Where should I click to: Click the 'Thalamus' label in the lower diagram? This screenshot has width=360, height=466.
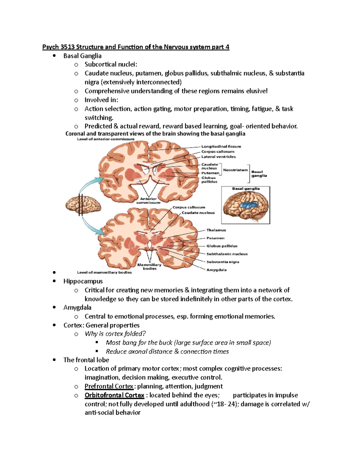coord(216,230)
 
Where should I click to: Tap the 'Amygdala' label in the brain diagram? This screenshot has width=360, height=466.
coord(217,270)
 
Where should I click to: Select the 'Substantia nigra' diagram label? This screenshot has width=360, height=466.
coord(223,262)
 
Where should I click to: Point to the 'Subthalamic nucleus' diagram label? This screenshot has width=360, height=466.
coord(227,254)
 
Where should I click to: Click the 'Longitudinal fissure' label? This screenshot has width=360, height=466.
coord(221,146)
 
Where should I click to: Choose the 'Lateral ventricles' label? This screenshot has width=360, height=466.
coord(218,157)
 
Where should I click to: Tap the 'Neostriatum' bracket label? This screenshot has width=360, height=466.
coord(235,170)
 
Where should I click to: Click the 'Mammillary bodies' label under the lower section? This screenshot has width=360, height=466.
coord(149,266)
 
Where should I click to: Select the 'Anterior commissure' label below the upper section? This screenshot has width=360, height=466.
coord(148,200)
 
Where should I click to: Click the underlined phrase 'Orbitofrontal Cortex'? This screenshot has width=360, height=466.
coord(114,395)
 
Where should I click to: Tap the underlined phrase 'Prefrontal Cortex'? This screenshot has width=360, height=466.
coord(109,386)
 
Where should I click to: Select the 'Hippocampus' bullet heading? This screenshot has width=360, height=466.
coord(83,281)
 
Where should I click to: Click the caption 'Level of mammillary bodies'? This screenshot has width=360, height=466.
coord(104,272)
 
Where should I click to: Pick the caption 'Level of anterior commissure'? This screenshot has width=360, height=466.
coord(106,139)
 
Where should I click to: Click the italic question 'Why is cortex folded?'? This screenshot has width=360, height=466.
coord(115,334)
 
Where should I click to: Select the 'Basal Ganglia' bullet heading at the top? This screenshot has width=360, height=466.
coord(82,56)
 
